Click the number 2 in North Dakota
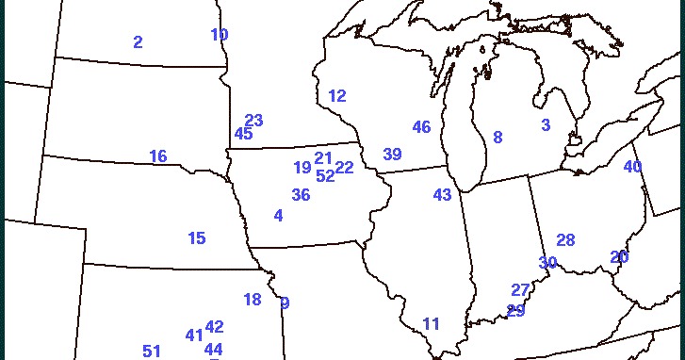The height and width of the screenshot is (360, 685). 138,41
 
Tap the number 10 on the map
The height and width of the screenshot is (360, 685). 220,35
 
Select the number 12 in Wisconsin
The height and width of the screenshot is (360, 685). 337,96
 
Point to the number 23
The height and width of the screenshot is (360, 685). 253,121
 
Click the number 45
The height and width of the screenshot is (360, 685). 243,134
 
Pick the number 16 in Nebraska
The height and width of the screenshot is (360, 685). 158,156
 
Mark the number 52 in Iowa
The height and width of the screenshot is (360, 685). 325,175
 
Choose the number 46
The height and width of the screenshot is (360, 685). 421,127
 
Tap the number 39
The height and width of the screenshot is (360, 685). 392,155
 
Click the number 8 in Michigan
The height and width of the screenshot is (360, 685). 497,138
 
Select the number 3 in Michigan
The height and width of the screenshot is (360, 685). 546,125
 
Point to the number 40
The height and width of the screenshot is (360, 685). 632,167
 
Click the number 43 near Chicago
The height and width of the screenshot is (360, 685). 442,195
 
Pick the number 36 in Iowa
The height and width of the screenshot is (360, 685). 301,195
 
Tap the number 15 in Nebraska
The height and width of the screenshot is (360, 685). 196,238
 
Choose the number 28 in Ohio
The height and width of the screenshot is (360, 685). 565,240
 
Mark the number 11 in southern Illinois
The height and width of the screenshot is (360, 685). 431,324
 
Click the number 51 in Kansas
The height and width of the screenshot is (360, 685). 152,352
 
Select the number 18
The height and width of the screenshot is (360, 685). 252,300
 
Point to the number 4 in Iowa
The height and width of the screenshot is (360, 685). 278,216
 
